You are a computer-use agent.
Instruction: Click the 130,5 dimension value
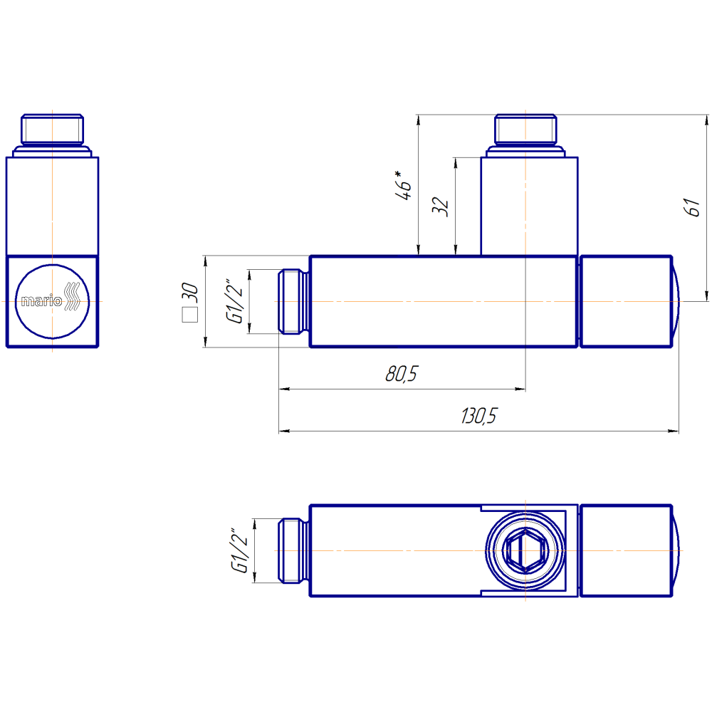(479, 416)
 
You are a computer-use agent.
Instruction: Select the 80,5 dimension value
(402, 373)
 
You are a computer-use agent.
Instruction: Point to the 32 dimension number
(440, 206)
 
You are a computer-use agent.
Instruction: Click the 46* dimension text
(403, 185)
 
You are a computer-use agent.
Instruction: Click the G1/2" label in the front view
(235, 301)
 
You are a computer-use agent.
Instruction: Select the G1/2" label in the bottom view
(239, 550)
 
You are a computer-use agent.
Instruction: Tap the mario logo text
(41, 300)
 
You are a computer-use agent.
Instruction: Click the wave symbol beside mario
(72, 296)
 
